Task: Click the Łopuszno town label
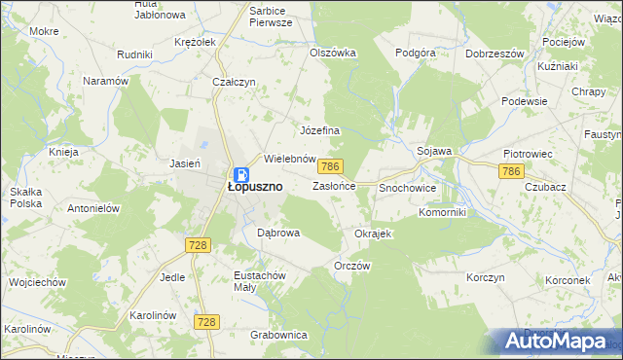(x=255, y=186)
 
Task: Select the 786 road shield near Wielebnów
(x=332, y=167)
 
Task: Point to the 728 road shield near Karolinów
(x=205, y=321)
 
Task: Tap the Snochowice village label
(x=407, y=187)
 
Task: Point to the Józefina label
(x=318, y=130)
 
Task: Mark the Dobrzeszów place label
(x=496, y=54)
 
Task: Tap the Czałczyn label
(x=234, y=83)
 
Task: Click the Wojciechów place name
(x=36, y=282)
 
